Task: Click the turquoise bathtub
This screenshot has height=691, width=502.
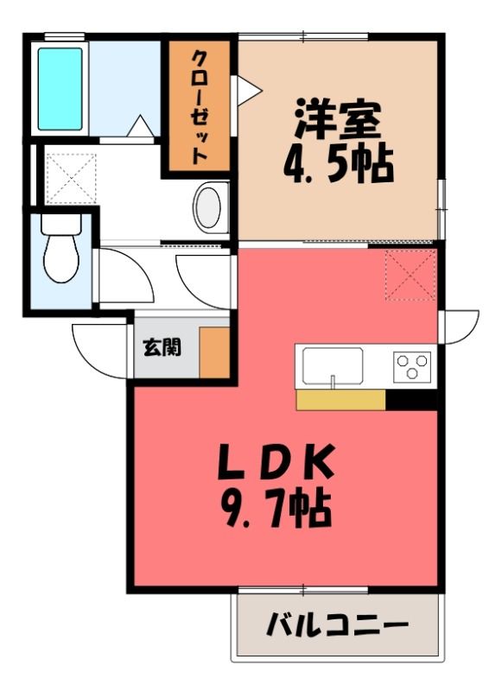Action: (60, 89)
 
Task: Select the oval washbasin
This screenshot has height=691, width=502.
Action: (207, 207)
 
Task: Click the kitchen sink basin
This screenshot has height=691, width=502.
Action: (333, 366)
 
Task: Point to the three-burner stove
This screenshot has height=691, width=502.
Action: (412, 366)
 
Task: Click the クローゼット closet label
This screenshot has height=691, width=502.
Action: (200, 106)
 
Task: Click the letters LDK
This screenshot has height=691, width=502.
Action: (276, 462)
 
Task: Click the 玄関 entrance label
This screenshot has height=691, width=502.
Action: (162, 348)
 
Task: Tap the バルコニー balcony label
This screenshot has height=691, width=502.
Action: (338, 625)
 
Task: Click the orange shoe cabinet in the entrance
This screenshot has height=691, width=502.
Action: (214, 352)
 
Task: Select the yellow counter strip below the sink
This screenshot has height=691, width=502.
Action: (340, 400)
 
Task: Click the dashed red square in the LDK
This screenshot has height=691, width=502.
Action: (410, 275)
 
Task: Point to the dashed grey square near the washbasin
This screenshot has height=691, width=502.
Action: (71, 179)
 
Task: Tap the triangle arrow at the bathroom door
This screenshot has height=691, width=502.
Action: (141, 126)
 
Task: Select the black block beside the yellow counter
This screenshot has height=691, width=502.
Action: (411, 400)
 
